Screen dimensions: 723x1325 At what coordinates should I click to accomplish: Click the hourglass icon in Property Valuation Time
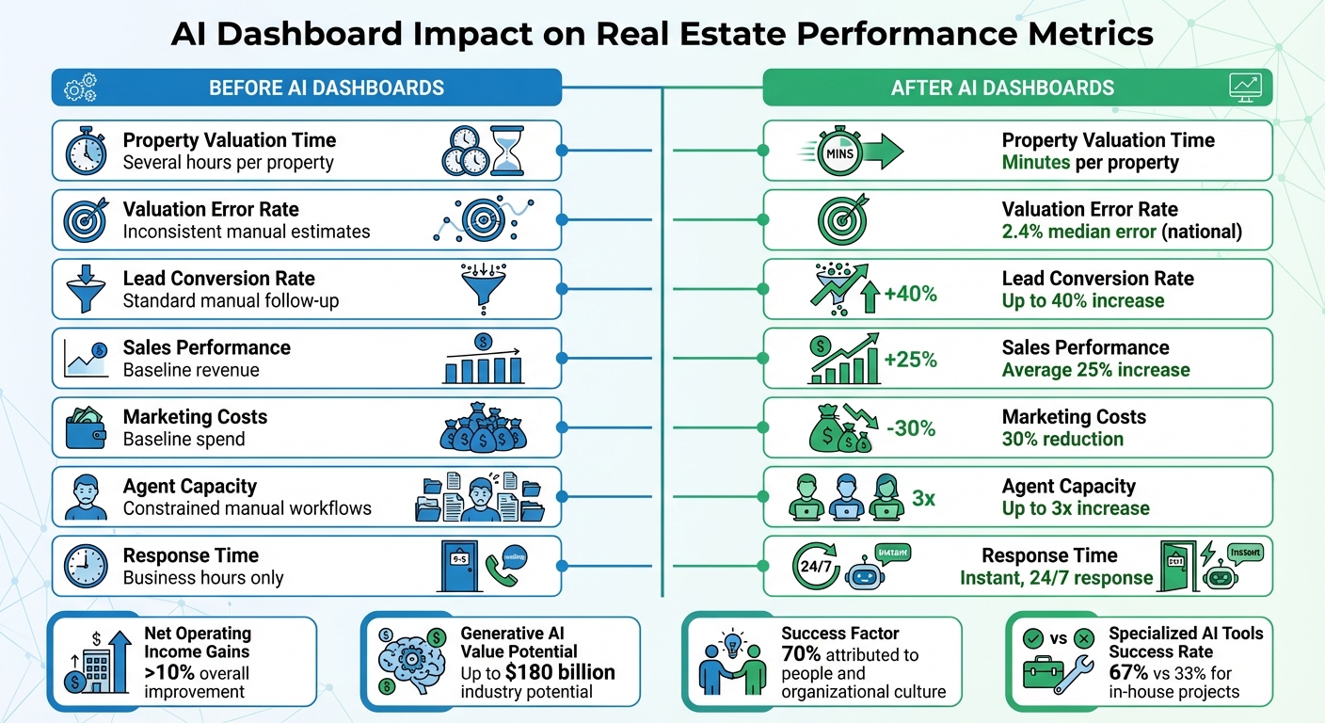pyautogui.click(x=508, y=152)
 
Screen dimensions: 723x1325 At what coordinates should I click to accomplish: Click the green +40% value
pyautogui.click(x=911, y=295)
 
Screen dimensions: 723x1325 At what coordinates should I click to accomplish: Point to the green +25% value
pyautogui.click(x=911, y=359)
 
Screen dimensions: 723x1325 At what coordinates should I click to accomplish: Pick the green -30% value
pyautogui.click(x=911, y=428)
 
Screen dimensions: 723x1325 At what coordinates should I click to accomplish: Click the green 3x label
pyautogui.click(x=923, y=498)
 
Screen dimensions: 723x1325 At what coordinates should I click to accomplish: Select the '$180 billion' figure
pyautogui.click(x=560, y=672)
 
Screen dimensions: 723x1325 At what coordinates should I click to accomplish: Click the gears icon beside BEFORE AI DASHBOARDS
pyautogui.click(x=80, y=88)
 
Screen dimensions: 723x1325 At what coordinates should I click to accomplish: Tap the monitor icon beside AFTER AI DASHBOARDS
pyautogui.click(x=1245, y=88)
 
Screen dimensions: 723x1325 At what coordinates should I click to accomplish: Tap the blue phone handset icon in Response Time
pyautogui.click(x=500, y=569)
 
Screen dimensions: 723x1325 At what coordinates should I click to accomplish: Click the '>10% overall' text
pyautogui.click(x=197, y=673)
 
